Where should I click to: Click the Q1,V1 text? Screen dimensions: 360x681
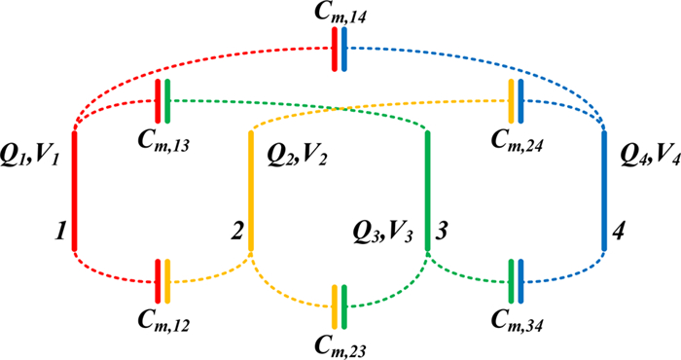pyautogui.click(x=30, y=154)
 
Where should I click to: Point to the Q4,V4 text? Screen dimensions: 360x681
pyautogui.click(x=648, y=154)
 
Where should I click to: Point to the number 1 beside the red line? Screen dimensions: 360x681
pyautogui.click(x=60, y=234)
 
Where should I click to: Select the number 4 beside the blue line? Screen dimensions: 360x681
pyautogui.click(x=619, y=234)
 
